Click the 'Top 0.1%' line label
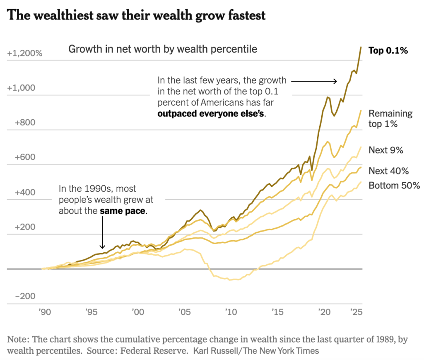pyautogui.click(x=388, y=51)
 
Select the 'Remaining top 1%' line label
pyautogui.click(x=390, y=118)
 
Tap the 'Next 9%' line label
pyautogui.click(x=386, y=150)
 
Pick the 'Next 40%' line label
pyautogui.click(x=389, y=171)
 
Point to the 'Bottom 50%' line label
pyautogui.click(x=394, y=185)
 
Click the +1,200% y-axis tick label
pyautogui.click(x=25, y=53)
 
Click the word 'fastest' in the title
pyautogui.click(x=241, y=16)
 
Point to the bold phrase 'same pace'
pyautogui.click(x=123, y=210)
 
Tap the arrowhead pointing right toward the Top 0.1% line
pyautogui.click(x=335, y=82)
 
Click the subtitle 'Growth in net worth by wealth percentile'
pyautogui.click(x=163, y=49)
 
